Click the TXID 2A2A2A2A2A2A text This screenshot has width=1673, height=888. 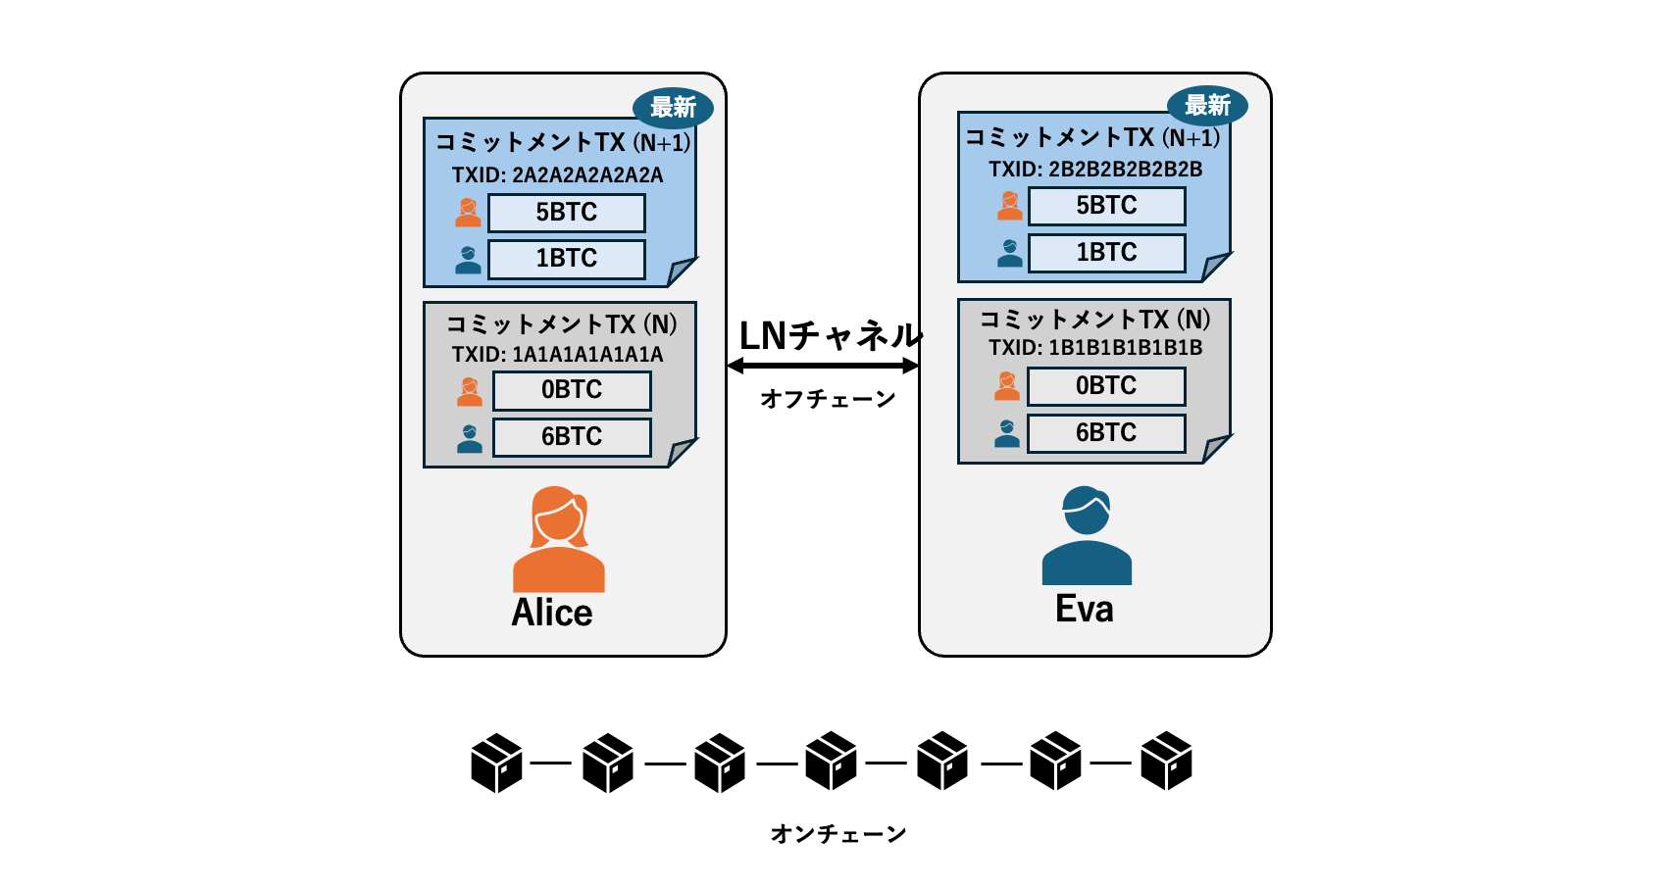click(557, 175)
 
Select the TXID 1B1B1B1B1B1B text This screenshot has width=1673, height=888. click(1094, 348)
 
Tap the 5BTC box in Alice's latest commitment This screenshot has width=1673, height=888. click(567, 213)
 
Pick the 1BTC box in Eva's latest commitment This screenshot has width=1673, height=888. click(1106, 253)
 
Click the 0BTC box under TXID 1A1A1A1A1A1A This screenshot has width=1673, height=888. click(572, 390)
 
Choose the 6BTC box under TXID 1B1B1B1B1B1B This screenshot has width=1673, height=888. click(1106, 433)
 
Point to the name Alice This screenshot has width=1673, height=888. click(552, 614)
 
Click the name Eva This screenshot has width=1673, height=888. click(1085, 610)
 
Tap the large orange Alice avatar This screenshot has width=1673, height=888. click(558, 539)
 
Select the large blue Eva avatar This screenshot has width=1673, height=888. click(1087, 536)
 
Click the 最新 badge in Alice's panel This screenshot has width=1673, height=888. click(673, 107)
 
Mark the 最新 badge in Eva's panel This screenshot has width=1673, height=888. click(1207, 105)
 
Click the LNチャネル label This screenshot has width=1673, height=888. click(830, 336)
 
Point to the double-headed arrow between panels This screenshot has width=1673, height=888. click(823, 367)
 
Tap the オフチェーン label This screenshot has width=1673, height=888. click(829, 399)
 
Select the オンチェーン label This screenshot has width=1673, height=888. click(838, 834)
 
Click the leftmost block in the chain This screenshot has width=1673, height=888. click(496, 763)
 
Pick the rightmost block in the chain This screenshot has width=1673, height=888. click(1166, 762)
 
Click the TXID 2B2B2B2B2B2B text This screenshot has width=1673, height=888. click(1094, 170)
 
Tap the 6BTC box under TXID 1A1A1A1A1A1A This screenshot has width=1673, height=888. click(572, 437)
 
